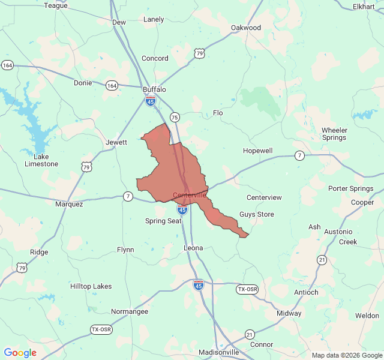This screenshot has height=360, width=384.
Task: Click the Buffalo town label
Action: coord(154,89)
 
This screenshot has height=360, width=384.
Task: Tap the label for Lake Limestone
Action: coord(41,160)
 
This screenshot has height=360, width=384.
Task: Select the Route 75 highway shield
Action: coord(175,117)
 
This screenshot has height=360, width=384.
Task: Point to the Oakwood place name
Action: coord(246,28)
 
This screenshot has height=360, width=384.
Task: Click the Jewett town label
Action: coord(116,142)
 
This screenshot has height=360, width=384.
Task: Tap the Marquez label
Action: coord(69,204)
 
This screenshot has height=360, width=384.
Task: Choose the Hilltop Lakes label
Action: coord(91,286)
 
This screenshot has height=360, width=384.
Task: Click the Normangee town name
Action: coord(130,311)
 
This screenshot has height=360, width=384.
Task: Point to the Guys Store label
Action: coord(257,214)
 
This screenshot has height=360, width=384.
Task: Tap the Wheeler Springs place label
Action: coord(334,134)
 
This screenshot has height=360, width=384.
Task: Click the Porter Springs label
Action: coord(351,188)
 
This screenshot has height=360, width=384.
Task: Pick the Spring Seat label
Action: coord(163,221)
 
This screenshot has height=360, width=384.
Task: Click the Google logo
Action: coord(20,353)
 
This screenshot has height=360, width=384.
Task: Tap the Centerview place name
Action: coord(264,197)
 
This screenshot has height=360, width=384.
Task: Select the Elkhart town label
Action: coord(364,7)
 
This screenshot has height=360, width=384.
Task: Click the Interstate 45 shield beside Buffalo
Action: coord(151,101)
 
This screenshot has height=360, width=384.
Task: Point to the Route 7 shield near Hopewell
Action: coord(299,156)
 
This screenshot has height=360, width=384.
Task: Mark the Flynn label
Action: coord(125,249)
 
